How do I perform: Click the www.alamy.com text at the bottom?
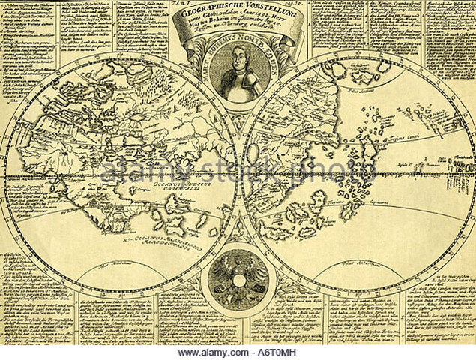(205, 352)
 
